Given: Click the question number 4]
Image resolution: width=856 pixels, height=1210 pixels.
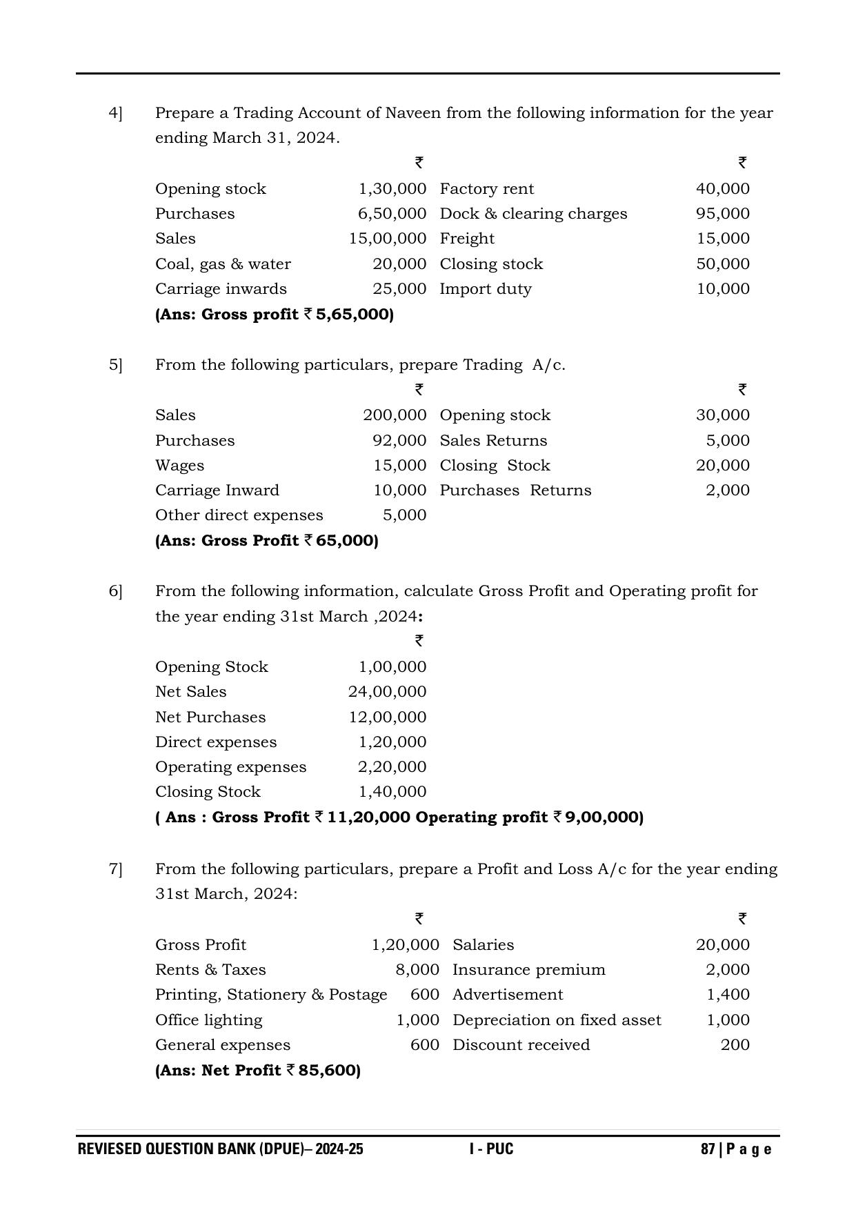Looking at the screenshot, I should tap(115, 113).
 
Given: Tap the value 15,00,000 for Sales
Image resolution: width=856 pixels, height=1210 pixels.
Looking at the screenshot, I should tap(387, 239).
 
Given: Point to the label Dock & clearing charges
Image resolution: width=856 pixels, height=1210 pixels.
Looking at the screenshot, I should tap(533, 214).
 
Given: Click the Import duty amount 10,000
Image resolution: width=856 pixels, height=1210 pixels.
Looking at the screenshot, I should tap(722, 289).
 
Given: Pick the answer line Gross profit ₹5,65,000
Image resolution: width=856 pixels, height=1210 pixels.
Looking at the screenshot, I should tap(275, 315).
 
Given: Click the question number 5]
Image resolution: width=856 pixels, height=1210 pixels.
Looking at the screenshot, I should tap(115, 365).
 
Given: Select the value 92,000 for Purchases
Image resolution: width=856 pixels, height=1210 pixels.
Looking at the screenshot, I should tap(399, 441).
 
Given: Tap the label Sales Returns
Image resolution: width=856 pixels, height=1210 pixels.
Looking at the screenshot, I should tap(493, 441).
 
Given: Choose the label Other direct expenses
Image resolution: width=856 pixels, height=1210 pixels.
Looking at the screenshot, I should tap(239, 515).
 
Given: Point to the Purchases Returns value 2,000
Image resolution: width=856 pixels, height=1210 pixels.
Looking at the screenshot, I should tap(727, 490).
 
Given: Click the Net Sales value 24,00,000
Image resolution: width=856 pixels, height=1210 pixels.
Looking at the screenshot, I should tap(387, 692).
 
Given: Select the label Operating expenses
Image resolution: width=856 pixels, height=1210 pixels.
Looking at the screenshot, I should tap(230, 767).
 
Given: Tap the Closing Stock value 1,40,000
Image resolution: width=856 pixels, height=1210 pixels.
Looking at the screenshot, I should tap(392, 792).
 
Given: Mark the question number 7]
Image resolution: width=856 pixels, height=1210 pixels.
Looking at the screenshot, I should tap(115, 869).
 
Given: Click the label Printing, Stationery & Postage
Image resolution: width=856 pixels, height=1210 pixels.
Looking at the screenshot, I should tap(271, 995).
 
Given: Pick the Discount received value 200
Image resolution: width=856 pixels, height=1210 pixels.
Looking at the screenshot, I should tap(735, 1045).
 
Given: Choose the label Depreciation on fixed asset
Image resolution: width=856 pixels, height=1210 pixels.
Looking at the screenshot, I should tap(557, 1020).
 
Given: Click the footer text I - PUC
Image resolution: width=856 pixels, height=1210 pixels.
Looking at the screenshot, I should tap(491, 1149).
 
